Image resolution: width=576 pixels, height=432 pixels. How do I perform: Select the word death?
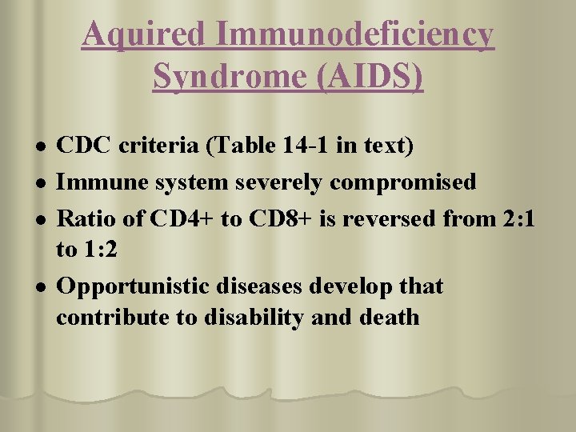click(389, 317)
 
